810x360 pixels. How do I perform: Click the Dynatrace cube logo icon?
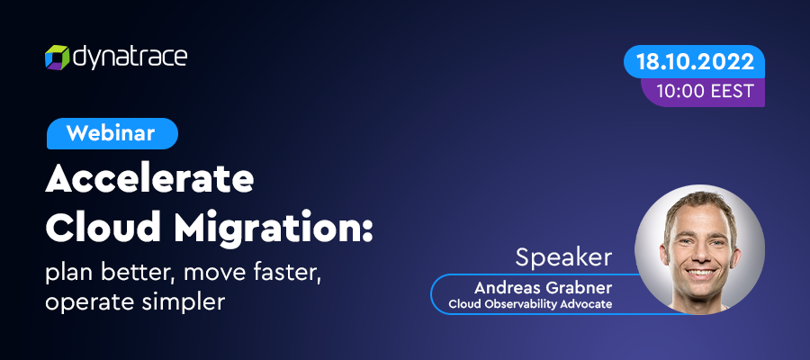[x=57, y=58]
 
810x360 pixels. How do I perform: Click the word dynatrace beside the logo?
[x=130, y=58]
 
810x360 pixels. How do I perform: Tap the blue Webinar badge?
[x=112, y=134]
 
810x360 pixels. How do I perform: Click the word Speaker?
[x=564, y=257]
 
